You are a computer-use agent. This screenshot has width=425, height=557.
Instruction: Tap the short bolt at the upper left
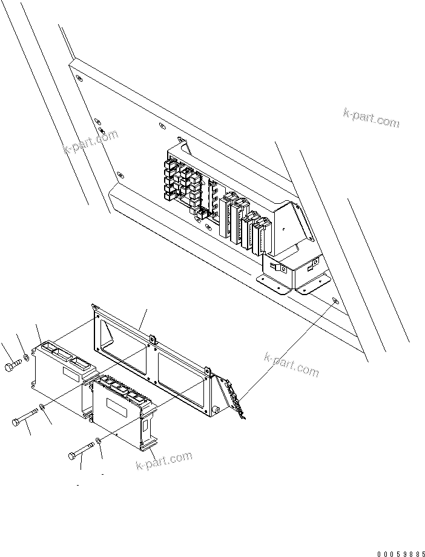14,366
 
